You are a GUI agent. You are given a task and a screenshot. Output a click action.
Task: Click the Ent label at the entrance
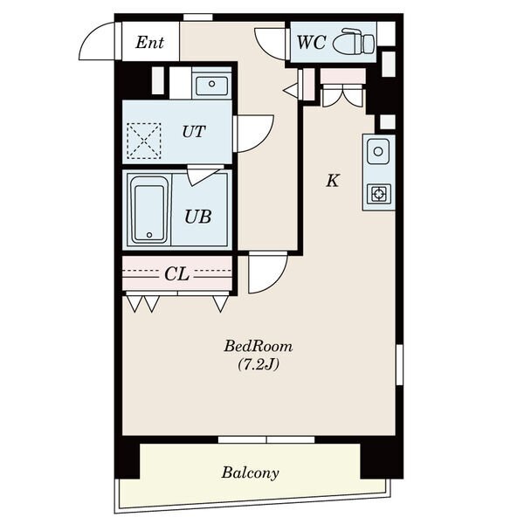[149, 43]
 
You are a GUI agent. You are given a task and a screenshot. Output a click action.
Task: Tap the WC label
[311, 43]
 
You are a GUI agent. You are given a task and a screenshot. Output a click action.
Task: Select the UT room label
[193, 131]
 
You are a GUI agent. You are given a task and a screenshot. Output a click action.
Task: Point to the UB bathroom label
[198, 217]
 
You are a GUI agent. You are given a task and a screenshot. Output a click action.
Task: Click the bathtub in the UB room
[149, 210]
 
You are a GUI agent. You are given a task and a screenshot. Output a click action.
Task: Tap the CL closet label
[176, 274]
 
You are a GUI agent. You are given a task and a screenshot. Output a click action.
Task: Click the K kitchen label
[333, 181]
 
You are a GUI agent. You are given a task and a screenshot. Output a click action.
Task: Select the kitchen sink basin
[378, 151]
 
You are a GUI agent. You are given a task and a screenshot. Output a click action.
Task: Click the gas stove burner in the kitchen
[379, 194]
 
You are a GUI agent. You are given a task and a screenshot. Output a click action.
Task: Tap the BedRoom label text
[258, 346]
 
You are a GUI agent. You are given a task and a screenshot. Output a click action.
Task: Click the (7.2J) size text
[259, 364]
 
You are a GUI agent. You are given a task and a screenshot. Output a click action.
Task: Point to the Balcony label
[250, 472]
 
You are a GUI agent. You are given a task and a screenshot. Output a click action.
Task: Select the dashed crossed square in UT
[144, 141]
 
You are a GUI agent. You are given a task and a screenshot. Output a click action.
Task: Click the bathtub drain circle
[149, 235]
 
